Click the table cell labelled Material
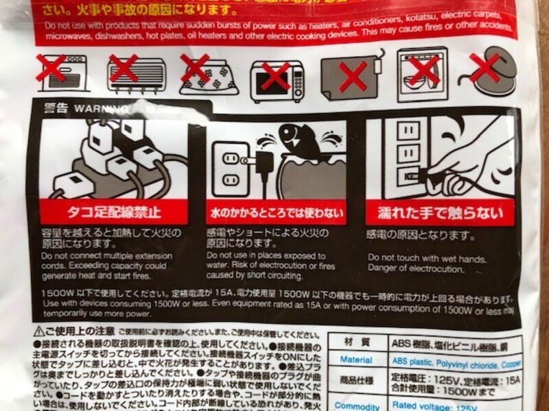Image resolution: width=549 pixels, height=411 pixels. [x=357, y=360]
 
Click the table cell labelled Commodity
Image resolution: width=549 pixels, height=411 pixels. [x=357, y=406]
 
